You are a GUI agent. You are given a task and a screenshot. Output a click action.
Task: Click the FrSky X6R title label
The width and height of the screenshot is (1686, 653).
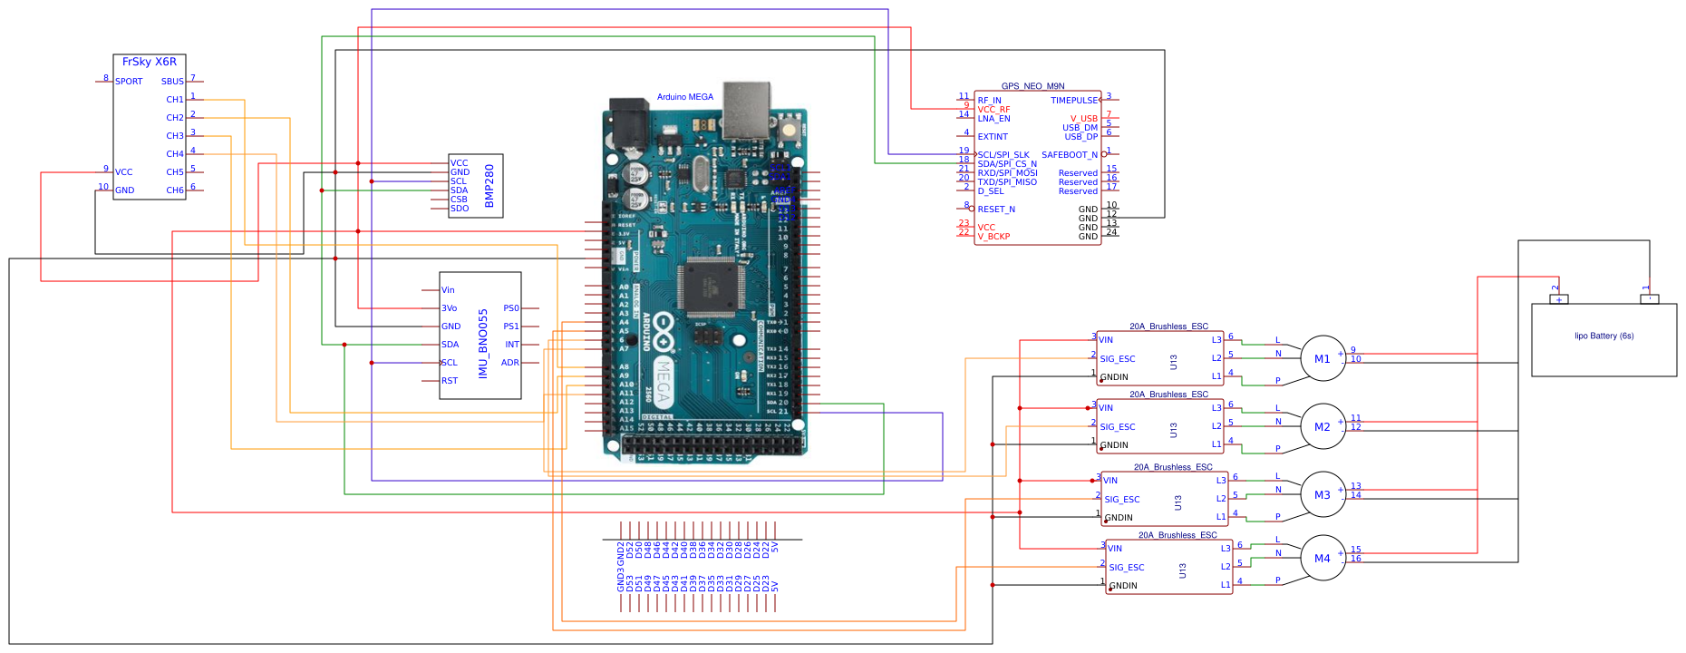pyautogui.click(x=150, y=62)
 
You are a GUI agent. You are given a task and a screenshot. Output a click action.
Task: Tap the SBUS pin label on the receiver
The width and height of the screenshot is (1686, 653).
pyautogui.click(x=172, y=82)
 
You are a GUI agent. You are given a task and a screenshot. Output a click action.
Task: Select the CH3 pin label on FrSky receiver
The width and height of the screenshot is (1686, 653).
pyautogui.click(x=175, y=136)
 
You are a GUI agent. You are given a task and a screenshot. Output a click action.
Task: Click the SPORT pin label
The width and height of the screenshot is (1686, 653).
pyautogui.click(x=129, y=82)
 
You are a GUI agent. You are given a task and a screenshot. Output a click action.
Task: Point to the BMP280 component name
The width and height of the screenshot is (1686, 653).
pyautogui.click(x=489, y=185)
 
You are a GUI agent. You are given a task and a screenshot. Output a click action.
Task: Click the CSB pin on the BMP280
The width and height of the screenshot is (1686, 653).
pyautogui.click(x=459, y=200)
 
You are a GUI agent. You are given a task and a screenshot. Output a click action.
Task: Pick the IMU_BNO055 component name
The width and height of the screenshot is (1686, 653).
pyautogui.click(x=483, y=343)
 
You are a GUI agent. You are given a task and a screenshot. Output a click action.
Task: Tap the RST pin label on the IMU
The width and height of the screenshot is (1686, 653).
pyautogui.click(x=450, y=381)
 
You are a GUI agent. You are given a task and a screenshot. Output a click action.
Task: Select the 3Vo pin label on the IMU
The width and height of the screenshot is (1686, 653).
pyautogui.click(x=450, y=308)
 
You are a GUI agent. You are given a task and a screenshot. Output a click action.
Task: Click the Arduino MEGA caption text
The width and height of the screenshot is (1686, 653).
pyautogui.click(x=685, y=97)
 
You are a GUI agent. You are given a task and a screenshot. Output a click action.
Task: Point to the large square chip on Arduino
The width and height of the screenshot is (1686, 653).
pyautogui.click(x=714, y=284)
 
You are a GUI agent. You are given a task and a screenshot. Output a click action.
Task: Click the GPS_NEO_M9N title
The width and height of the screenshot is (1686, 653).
pyautogui.click(x=1032, y=86)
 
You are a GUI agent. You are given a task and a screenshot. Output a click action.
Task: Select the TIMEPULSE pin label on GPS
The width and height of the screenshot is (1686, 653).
pyautogui.click(x=1074, y=101)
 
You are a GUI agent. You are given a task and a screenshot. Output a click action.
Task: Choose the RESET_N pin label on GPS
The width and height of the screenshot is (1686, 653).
pyautogui.click(x=996, y=210)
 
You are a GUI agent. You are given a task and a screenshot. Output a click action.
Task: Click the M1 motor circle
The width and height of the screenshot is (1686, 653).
pyautogui.click(x=1323, y=358)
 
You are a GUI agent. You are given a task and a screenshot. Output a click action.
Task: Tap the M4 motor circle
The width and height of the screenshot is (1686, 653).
pyautogui.click(x=1323, y=558)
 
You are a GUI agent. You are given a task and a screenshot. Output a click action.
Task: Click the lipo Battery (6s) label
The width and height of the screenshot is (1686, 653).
pyautogui.click(x=1604, y=336)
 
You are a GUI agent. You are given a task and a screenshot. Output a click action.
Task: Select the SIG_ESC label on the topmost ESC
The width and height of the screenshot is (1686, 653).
pyautogui.click(x=1118, y=359)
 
